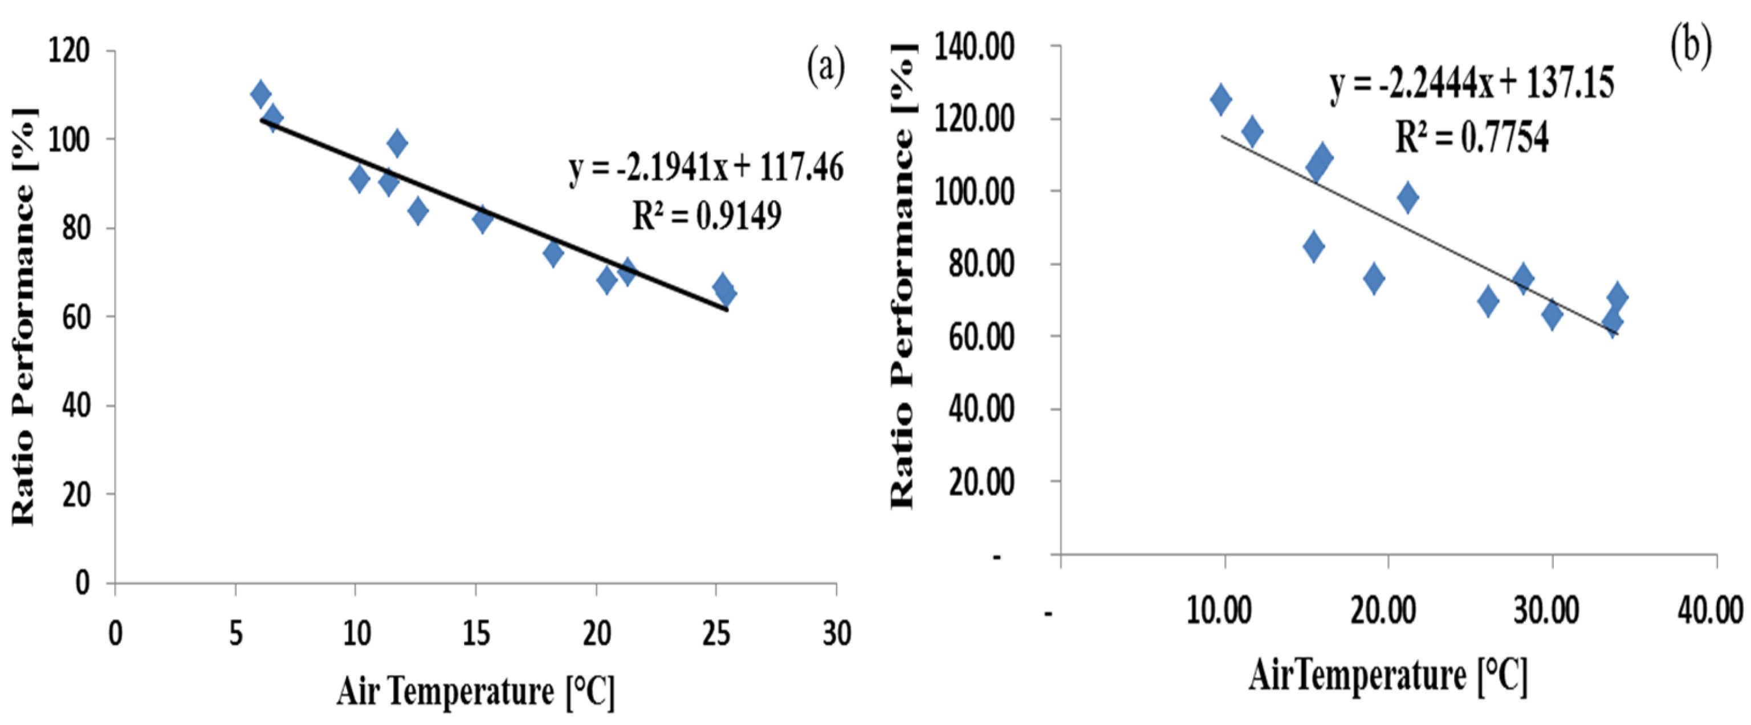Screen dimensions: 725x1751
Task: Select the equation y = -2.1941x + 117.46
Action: [x=706, y=168]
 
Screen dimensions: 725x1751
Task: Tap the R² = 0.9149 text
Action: [x=707, y=216]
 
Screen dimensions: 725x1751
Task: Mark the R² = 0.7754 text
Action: [x=1472, y=137]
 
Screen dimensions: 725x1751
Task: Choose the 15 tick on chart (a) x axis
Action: [x=476, y=634]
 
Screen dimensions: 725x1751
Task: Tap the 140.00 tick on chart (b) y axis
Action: [x=975, y=47]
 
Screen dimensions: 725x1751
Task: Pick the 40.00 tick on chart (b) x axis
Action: [x=1710, y=610]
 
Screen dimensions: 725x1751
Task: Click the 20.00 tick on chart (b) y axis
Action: [x=981, y=482]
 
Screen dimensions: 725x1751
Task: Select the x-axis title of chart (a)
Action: [x=475, y=692]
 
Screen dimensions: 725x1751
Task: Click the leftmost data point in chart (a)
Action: [x=260, y=94]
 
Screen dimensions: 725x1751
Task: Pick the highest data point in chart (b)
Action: [x=1221, y=100]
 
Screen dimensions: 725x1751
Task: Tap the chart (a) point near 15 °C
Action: [x=483, y=219]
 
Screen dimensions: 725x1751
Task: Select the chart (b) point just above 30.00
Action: [x=1552, y=314]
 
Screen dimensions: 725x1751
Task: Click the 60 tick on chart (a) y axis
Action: [x=75, y=317]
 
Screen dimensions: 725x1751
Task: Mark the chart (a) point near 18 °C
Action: [x=553, y=254]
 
